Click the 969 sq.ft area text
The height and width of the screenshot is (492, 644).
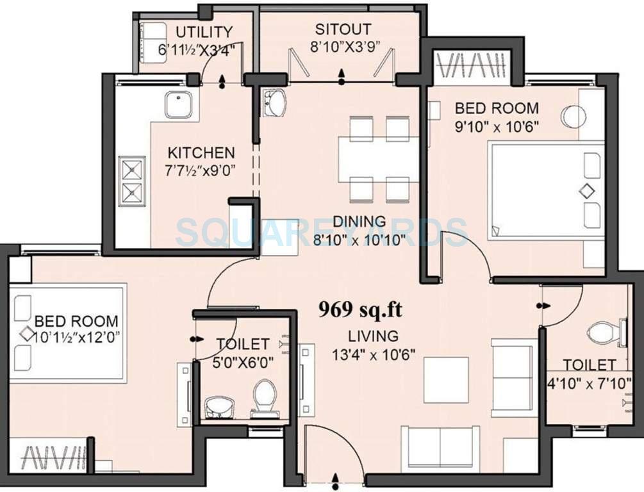pyautogui.click(x=361, y=310)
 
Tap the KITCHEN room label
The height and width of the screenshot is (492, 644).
pyautogui.click(x=201, y=153)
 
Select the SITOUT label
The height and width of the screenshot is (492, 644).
pyautogui.click(x=343, y=29)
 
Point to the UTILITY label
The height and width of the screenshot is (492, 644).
pyautogui.click(x=204, y=32)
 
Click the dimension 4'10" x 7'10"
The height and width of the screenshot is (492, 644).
pyautogui.click(x=589, y=386)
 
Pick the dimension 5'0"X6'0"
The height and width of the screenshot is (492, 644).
pyautogui.click(x=243, y=362)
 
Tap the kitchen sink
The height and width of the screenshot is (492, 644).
pyautogui.click(x=178, y=105)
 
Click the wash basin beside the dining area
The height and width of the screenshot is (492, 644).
pyautogui.click(x=276, y=102)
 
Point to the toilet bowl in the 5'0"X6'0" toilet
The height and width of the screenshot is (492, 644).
pyautogui.click(x=263, y=395)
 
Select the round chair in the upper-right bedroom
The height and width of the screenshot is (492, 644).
pyautogui.click(x=574, y=117)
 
